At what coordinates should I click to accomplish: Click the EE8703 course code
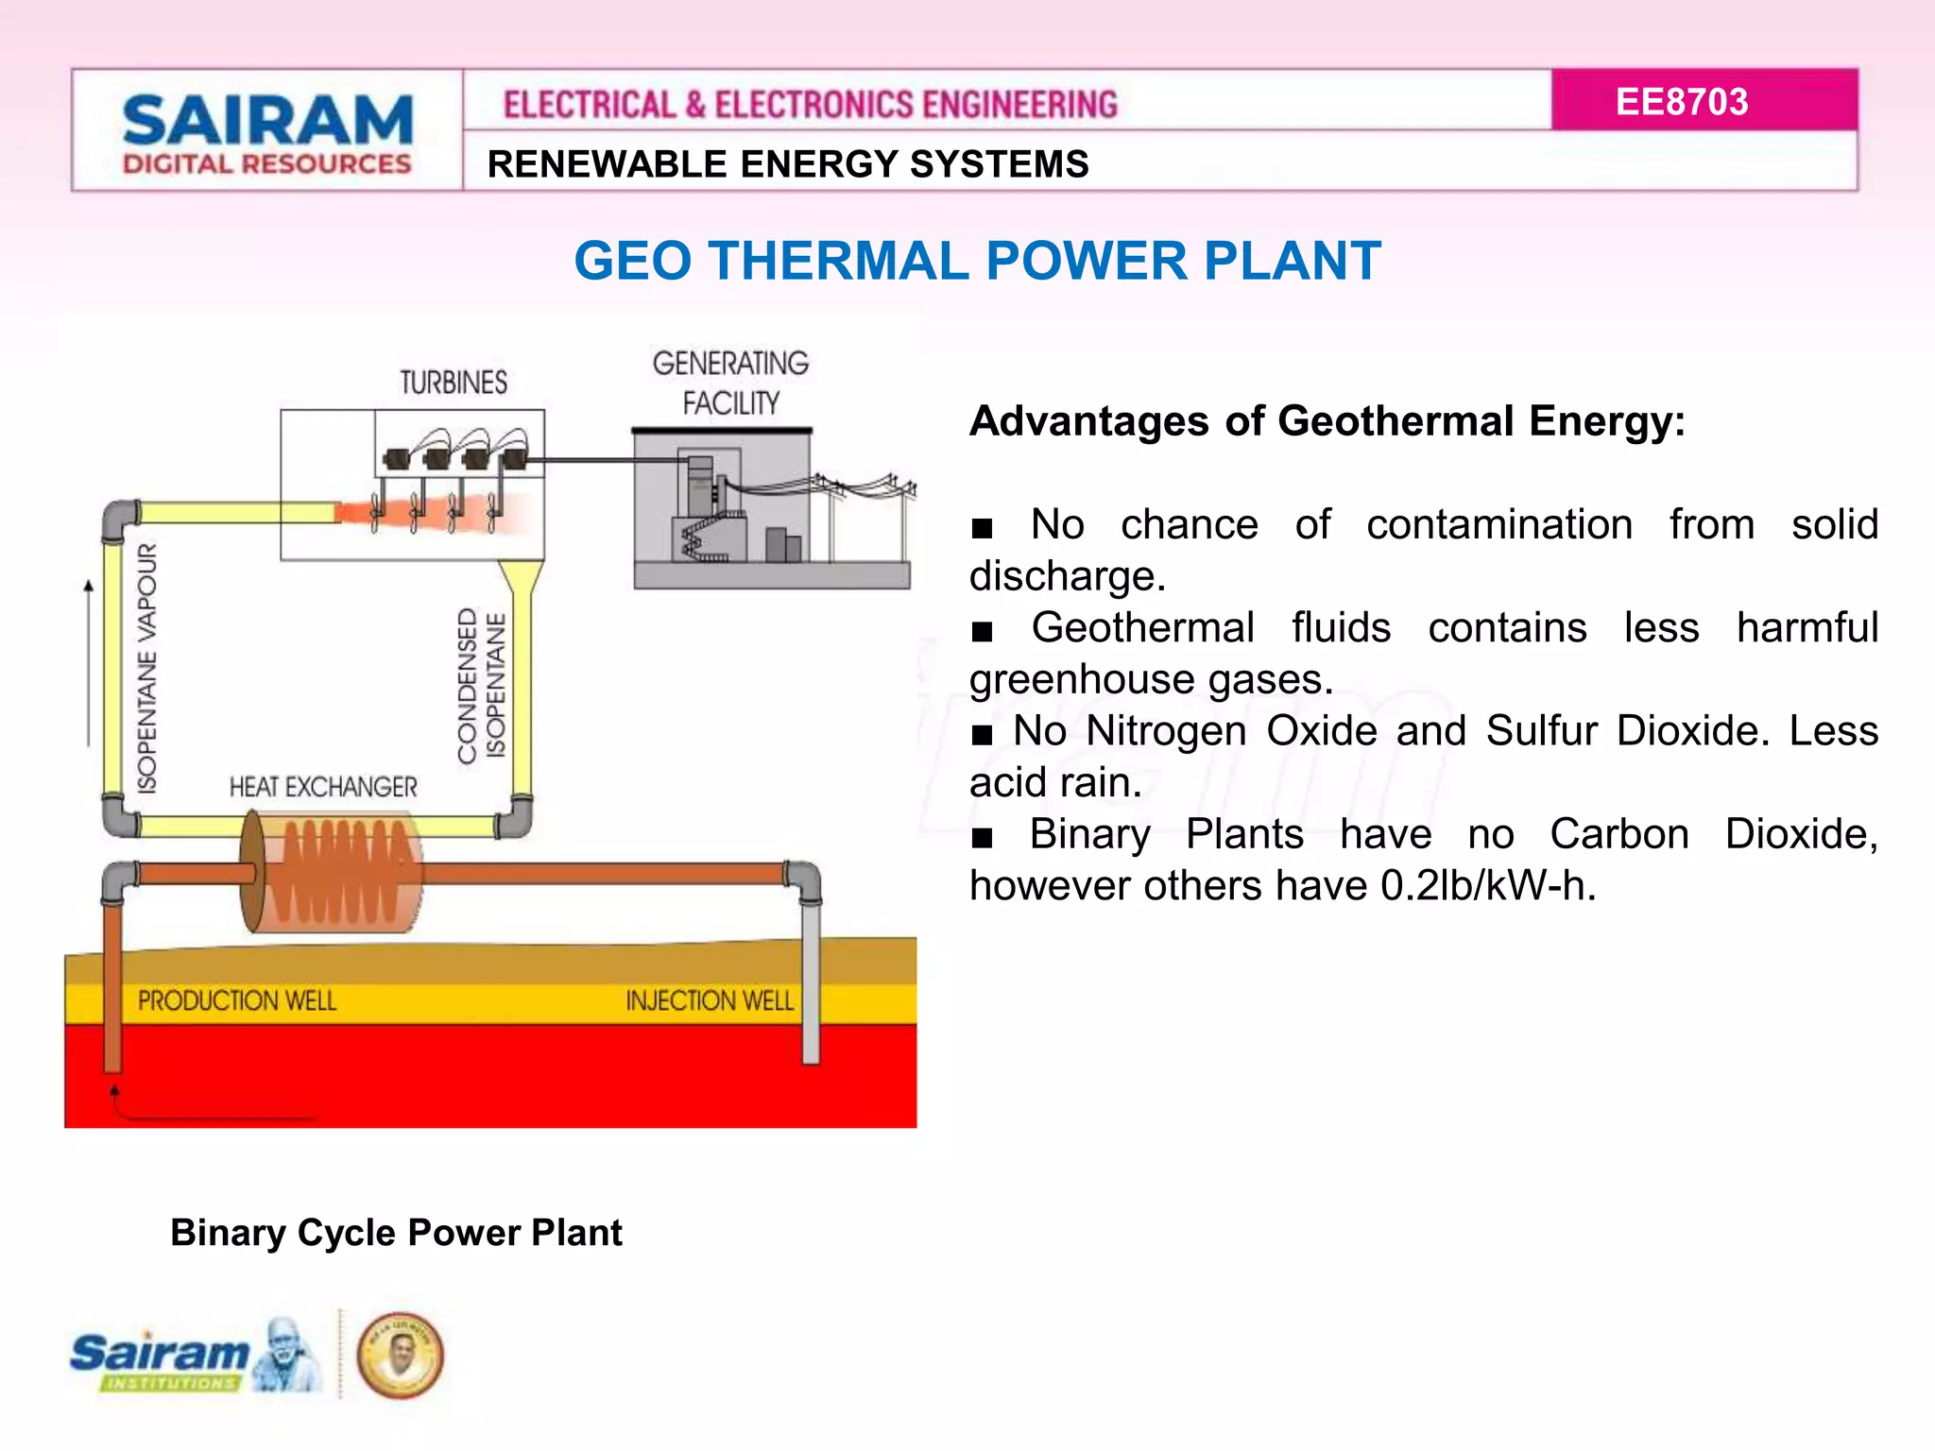1681,102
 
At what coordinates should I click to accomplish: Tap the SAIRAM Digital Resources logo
267,133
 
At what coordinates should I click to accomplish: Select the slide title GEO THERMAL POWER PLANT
977,261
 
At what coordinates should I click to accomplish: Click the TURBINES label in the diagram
454,383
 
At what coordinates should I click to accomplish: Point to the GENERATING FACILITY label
730,384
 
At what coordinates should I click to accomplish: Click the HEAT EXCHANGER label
323,787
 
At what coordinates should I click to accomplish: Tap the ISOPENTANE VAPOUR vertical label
147,669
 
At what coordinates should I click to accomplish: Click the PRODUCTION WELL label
237,1000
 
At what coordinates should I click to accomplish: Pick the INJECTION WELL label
710,1000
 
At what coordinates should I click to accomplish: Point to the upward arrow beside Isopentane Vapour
89,661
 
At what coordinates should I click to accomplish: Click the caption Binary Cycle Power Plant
396,1233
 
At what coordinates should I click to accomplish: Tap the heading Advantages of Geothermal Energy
1327,421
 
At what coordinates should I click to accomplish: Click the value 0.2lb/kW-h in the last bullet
1488,886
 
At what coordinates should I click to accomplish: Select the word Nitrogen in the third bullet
1166,731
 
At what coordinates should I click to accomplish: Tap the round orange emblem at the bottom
400,1355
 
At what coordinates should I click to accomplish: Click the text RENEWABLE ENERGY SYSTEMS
788,164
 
